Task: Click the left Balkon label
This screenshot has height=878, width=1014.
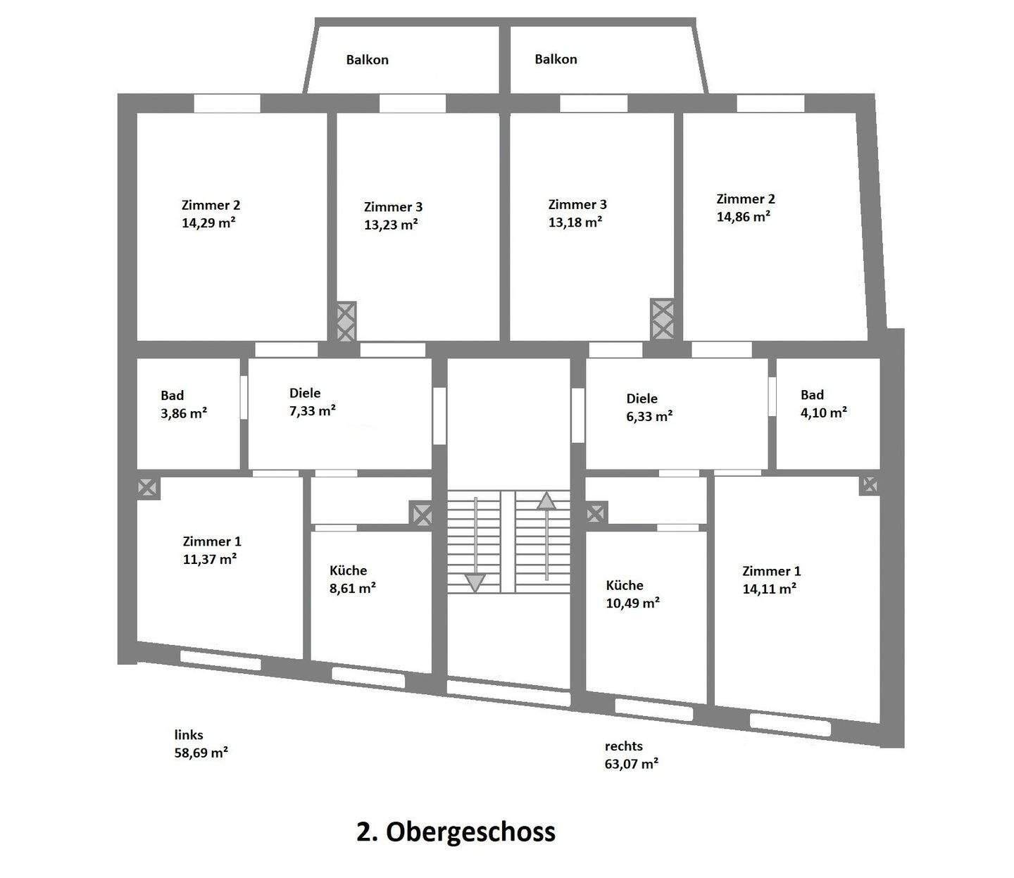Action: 367,60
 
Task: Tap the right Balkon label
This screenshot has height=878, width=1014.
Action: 556,59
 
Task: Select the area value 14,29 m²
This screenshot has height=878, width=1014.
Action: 208,222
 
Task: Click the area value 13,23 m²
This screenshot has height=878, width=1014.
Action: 391,225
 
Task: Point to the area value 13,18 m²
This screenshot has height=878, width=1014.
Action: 575,222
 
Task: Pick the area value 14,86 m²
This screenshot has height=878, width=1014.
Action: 743,216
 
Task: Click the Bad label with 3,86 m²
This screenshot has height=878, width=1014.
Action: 173,395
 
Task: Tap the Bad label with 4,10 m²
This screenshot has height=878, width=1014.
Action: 813,395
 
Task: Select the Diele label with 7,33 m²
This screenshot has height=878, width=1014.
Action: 305,393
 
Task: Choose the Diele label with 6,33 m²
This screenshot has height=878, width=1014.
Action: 641,399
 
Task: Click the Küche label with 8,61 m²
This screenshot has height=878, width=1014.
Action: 349,570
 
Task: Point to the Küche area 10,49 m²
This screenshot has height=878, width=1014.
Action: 632,603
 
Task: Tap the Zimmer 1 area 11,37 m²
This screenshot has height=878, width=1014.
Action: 210,559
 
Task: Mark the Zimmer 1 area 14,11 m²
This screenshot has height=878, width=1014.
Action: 769,589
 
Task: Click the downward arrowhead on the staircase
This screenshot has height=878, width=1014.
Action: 475,583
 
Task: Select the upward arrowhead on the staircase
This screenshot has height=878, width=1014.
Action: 546,501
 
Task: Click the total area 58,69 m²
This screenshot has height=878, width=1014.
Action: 201,753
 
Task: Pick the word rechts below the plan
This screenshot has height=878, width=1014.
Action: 623,746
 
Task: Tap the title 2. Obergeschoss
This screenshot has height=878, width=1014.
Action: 456,832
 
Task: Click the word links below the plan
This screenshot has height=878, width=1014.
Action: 189,735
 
